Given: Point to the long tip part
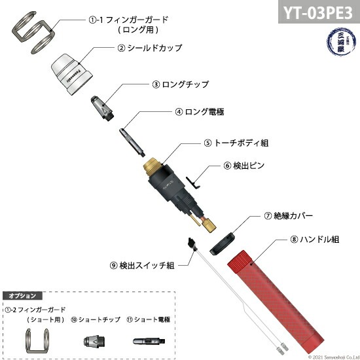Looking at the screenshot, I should (x=101, y=105).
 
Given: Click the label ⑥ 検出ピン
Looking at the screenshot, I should (x=245, y=166).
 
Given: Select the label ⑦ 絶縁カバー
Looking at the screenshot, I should (x=289, y=215).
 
